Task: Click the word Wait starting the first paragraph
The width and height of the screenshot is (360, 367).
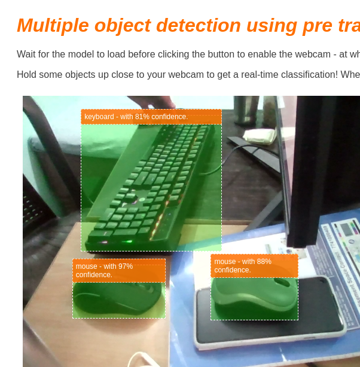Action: (x=28, y=54)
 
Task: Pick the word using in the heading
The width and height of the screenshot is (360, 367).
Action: (x=272, y=26)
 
